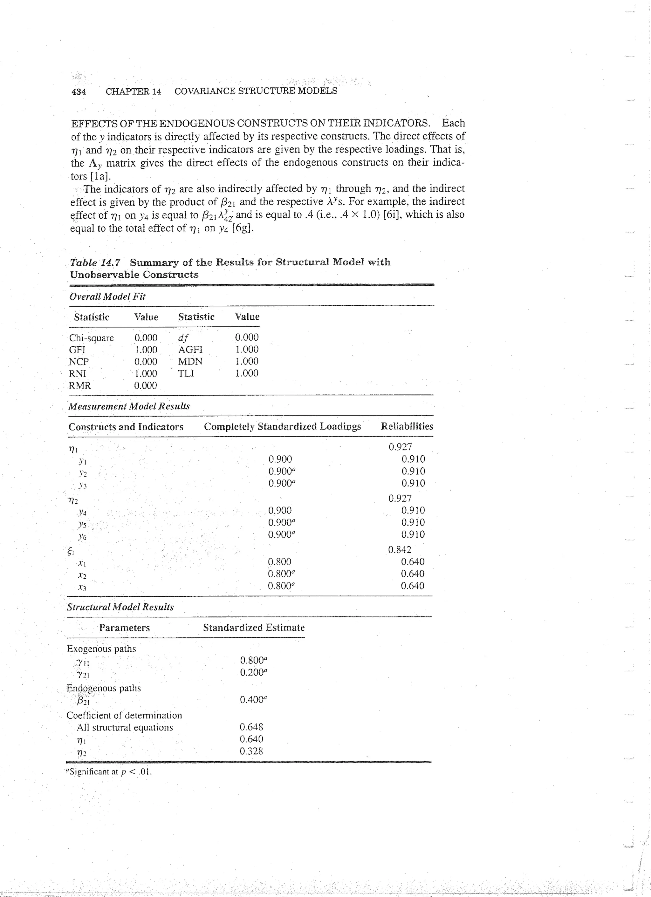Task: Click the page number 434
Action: pyautogui.click(x=79, y=92)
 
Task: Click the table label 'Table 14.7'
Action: pyautogui.click(x=95, y=262)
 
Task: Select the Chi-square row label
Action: pyautogui.click(x=91, y=338)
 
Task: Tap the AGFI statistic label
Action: pyautogui.click(x=190, y=350)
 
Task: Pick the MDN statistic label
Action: pyautogui.click(x=190, y=362)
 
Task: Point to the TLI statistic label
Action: pyautogui.click(x=186, y=373)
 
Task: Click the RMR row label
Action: pyautogui.click(x=79, y=386)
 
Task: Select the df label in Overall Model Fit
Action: pyautogui.click(x=183, y=338)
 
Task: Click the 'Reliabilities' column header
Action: pyautogui.click(x=407, y=426)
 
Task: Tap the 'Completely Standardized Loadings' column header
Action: pyautogui.click(x=282, y=426)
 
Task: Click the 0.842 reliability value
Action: pyautogui.click(x=400, y=550)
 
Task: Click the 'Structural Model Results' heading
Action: pyautogui.click(x=120, y=607)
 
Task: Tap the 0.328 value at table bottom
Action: pyautogui.click(x=251, y=751)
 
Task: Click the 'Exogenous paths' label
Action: pyautogui.click(x=101, y=649)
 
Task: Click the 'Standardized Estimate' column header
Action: pyautogui.click(x=254, y=628)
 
